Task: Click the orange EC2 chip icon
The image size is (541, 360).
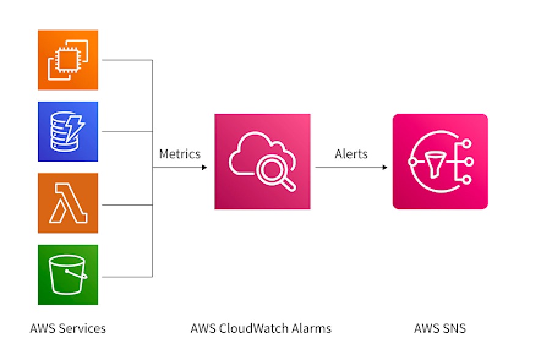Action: [x=68, y=60]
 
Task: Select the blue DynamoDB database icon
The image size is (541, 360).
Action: [x=68, y=132]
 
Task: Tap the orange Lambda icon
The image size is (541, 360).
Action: [x=68, y=203]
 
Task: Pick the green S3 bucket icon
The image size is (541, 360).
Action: [x=68, y=275]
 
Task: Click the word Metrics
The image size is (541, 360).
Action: [x=179, y=154]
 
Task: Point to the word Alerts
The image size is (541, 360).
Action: [x=351, y=154]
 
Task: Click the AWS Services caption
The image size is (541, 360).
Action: [x=68, y=329]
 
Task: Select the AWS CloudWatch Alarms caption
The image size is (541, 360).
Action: [x=261, y=329]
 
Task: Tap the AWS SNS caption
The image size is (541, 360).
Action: [x=440, y=329]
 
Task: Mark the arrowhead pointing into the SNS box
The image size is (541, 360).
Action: [x=384, y=167]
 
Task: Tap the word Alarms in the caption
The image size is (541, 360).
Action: [x=313, y=329]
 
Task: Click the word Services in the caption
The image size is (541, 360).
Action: [x=83, y=329]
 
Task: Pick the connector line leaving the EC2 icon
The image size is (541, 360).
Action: [x=125, y=60]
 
